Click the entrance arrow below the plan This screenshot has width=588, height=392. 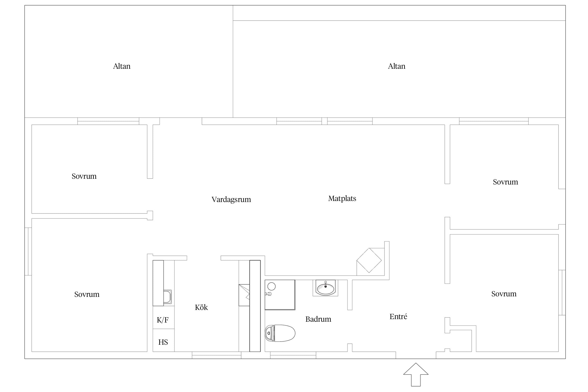point(416,374)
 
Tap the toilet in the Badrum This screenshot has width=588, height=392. point(280,333)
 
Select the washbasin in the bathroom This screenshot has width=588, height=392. point(325,288)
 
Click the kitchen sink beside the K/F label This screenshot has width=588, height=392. point(168,297)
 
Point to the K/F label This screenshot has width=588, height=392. point(163,320)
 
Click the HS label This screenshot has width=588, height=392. point(163,342)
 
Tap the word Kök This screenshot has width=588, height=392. point(201,307)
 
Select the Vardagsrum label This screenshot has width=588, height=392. point(231,200)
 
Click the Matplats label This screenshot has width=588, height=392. point(342,199)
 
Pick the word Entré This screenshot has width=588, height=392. point(398,316)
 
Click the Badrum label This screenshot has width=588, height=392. point(318,319)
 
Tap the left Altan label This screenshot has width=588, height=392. point(122,66)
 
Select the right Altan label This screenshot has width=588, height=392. point(397,66)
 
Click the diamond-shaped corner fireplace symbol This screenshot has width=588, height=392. point(369,260)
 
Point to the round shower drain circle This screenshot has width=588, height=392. point(272,286)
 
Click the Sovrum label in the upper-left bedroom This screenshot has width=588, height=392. point(84,176)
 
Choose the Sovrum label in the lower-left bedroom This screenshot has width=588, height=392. point(87,294)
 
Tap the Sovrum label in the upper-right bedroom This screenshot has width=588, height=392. point(505,182)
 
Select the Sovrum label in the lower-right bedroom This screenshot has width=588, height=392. point(504,294)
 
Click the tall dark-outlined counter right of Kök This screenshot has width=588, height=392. point(255,306)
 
